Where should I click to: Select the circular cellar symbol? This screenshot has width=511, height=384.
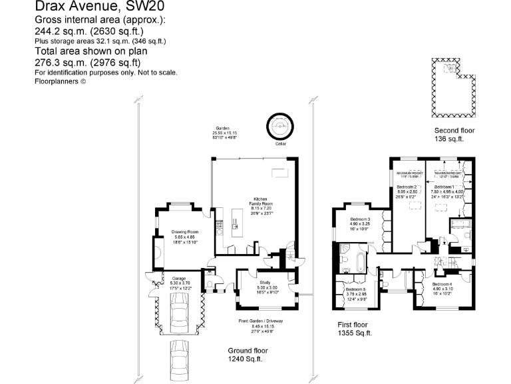coord(279,125)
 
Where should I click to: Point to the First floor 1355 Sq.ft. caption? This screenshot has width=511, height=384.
coord(354,329)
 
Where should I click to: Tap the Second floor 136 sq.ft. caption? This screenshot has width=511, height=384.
coord(453,135)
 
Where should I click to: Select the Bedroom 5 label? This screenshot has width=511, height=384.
coord(355,293)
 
